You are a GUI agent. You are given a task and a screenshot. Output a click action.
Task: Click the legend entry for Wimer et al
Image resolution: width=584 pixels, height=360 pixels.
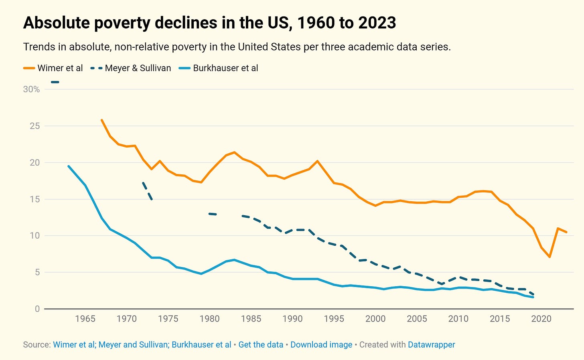coord(60,68)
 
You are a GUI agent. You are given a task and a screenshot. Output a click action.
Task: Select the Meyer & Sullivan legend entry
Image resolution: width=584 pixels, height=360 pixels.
coord(138,68)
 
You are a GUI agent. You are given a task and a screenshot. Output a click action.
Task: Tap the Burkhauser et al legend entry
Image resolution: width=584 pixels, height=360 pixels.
coord(225,68)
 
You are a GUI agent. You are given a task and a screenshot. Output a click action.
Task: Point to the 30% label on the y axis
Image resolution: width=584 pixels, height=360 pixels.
coord(31,89)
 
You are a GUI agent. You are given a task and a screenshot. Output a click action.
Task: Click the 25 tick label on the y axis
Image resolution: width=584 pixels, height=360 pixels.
coord(35,126)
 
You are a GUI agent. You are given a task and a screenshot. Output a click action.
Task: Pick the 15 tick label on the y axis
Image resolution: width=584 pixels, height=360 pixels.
coord(35,199)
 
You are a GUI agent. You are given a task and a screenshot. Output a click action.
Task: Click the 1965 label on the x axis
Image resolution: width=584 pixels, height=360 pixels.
coord(85,319)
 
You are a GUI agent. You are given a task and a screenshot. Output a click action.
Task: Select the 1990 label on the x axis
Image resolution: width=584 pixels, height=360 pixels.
coord(292,319)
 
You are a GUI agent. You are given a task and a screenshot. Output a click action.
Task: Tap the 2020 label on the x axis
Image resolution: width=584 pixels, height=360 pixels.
coord(541,319)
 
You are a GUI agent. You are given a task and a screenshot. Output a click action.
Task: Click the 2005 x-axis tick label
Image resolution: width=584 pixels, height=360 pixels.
coord(417,319)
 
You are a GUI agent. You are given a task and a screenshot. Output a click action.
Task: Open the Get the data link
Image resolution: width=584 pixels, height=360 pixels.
coord(261,345)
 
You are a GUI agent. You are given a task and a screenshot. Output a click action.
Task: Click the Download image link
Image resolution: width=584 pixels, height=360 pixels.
coord(321,345)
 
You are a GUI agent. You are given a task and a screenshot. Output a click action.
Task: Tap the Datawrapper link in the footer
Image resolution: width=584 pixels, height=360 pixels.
coord(431,345)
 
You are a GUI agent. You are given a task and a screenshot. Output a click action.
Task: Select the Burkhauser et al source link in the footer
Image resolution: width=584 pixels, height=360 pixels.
coord(201,345)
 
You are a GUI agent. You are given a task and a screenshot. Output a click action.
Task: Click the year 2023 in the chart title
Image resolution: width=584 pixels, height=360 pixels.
coord(377,23)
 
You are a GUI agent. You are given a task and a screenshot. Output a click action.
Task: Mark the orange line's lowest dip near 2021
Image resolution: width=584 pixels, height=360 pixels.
coord(550,257)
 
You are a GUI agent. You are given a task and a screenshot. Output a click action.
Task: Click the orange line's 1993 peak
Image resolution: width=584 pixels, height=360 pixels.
coord(317,161)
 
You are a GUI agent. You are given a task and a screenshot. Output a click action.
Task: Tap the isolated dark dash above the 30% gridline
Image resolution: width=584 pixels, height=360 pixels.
coord(55,82)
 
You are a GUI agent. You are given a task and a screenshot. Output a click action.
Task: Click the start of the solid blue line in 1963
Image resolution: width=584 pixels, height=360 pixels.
coord(69,166)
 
